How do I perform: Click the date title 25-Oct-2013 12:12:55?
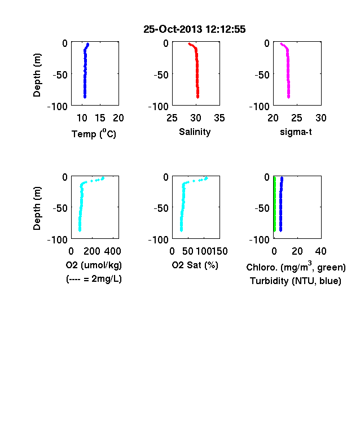click(195, 29)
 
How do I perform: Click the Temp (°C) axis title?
click(94, 133)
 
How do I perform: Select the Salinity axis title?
click(195, 132)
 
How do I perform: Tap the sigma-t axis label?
click(296, 132)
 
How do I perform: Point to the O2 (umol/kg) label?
click(94, 265)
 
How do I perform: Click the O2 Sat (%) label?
click(195, 265)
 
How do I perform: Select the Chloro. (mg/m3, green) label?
click(296, 267)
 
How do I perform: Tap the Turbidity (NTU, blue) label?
click(296, 281)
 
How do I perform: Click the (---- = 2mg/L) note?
click(94, 280)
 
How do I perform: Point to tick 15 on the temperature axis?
click(100, 118)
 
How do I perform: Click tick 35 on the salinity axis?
click(219, 118)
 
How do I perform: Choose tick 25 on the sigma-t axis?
click(297, 118)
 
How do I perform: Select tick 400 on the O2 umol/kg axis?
click(112, 251)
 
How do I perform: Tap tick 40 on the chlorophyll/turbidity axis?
click(321, 251)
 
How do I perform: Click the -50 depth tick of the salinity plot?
click(161, 75)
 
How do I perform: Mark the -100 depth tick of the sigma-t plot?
click(259, 107)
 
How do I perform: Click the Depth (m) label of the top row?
click(37, 75)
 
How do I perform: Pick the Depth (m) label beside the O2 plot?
click(37, 208)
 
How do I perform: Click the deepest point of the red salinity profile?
click(197, 97)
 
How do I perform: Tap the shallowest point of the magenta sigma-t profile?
click(281, 43)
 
